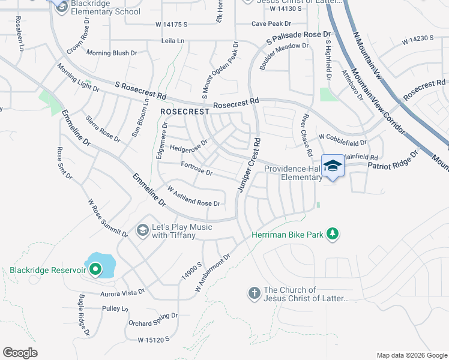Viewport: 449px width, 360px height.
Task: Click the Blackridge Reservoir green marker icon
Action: click(95, 271)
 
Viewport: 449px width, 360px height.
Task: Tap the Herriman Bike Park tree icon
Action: click(332, 234)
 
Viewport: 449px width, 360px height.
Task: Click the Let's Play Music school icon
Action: click(142, 230)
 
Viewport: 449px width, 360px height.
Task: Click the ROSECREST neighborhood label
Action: click(184, 112)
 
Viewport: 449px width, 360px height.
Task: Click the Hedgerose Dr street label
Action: click(188, 146)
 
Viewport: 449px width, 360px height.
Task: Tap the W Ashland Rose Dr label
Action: click(194, 197)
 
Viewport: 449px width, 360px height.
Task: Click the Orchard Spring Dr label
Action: click(153, 319)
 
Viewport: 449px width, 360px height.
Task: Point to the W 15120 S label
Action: click(154, 340)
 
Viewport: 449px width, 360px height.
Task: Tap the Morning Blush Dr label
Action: click(112, 53)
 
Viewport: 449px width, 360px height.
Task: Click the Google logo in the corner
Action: click(20, 353)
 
